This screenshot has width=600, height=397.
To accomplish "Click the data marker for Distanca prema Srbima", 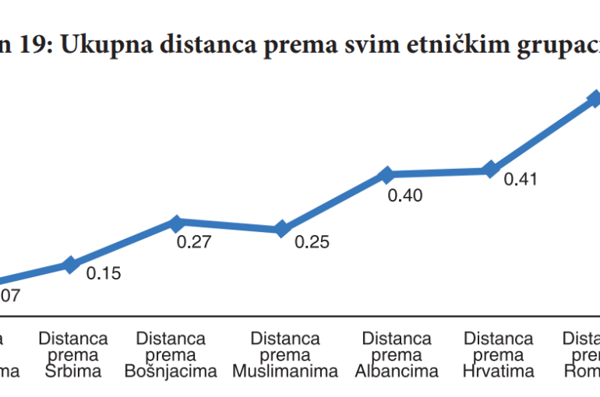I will [x=71, y=265].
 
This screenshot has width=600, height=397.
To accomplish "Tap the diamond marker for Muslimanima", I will [x=281, y=229].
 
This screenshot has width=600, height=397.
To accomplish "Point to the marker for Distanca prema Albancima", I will [x=386, y=174].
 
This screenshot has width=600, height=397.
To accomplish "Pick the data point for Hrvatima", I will [x=490, y=170].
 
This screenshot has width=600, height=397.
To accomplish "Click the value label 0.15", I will [x=103, y=274].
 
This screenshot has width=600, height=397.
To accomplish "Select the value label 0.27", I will [x=194, y=242].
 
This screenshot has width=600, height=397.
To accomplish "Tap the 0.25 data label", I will [x=312, y=242].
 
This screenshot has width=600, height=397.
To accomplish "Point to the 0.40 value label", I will [x=405, y=195].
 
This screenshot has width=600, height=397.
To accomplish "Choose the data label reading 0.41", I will [x=521, y=179].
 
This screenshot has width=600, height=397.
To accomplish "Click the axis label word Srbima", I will [x=73, y=371].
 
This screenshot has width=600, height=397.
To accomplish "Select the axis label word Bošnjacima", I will [x=171, y=371].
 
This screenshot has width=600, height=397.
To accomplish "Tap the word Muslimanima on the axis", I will [x=285, y=371].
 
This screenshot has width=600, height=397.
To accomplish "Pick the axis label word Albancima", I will [x=397, y=371].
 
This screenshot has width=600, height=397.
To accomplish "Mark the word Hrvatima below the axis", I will [x=498, y=371].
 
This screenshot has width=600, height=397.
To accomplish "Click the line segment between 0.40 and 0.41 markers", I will [x=438, y=172].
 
